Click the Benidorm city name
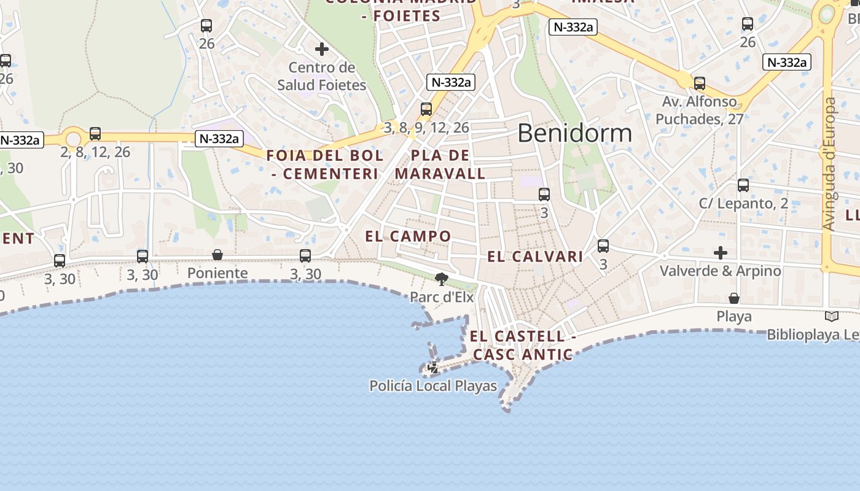coord(574,133)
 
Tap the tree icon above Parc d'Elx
coord(441,280)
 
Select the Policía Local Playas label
coord(433,386)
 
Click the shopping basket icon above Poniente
coord(217,255)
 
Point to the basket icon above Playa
coord(734,298)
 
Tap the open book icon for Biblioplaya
coord(832,317)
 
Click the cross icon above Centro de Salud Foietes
coord(321,49)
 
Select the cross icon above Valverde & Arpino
coord(721,252)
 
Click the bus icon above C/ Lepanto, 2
coord(743,185)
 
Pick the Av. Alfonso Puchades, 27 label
coord(699,110)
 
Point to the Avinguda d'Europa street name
coord(829,164)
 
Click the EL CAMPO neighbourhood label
coord(408,236)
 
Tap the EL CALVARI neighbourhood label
coord(535,257)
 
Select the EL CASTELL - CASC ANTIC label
coord(523,346)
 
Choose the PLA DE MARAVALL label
coord(440,164)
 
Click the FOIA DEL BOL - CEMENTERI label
coord(325,164)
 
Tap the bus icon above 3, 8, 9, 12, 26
coord(426,109)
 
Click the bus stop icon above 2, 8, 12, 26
coord(95,133)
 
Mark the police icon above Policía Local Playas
coord(433,368)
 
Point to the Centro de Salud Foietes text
coord(321,76)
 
